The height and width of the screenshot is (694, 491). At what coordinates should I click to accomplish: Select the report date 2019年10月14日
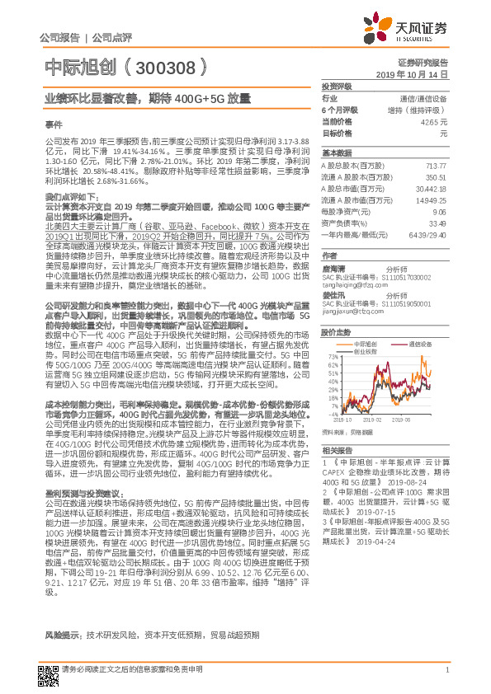tap(419, 74)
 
